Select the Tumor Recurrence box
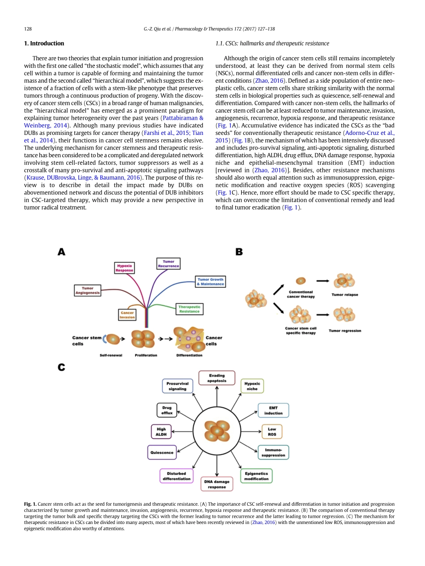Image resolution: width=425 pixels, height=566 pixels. coord(168,264)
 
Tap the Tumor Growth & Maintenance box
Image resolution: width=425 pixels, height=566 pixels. coord(210,282)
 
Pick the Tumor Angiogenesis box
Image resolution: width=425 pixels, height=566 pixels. coord(88,290)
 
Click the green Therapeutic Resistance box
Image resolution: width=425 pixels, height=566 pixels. coord(189,309)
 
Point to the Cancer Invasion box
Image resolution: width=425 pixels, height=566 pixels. coord(127,315)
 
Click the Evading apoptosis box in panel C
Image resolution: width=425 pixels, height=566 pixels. coord(217,378)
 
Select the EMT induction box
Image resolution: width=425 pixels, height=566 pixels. coord(273,411)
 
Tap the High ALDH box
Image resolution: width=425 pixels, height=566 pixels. coord(161,432)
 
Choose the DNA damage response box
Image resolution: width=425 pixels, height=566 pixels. coord(217,484)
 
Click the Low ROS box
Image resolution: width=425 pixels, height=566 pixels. coord(272,432)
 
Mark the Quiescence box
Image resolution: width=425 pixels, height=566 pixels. coord(162,453)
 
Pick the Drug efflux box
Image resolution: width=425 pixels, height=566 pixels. coord(167,410)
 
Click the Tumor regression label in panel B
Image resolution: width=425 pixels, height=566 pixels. coord(344,331)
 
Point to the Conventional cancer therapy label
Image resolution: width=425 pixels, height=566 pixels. coord(301,294)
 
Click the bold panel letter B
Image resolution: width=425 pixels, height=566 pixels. coord(239,252)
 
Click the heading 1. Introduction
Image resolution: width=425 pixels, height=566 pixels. coord(43,43)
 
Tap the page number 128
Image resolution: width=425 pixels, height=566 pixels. coord(27,29)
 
